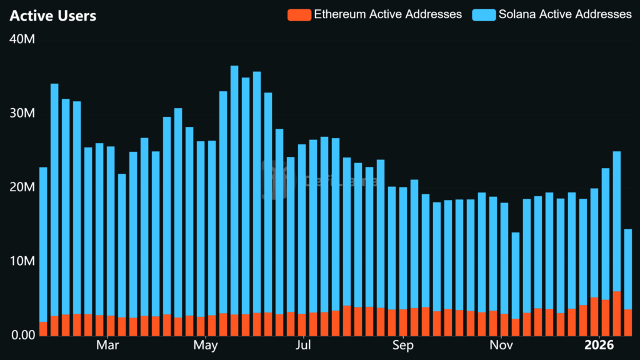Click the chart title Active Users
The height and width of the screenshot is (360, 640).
click(x=53, y=16)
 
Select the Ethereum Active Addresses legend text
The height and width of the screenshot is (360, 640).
click(x=387, y=14)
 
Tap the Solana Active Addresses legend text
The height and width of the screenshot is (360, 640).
click(x=565, y=14)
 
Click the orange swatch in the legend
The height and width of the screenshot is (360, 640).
click(x=299, y=14)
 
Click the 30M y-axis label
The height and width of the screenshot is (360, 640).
click(x=22, y=114)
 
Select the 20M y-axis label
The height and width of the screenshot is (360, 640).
click(x=22, y=187)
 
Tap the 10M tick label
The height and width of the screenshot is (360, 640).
click(x=22, y=261)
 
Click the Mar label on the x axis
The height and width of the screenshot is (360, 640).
click(x=108, y=345)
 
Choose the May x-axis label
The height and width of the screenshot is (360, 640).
click(x=206, y=345)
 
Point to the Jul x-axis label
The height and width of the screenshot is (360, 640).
click(x=304, y=345)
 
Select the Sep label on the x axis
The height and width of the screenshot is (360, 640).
click(x=402, y=345)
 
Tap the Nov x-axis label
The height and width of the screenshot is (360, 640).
click(x=501, y=345)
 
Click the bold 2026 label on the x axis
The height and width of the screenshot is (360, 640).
click(x=599, y=345)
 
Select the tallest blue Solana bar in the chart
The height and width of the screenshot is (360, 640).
click(x=234, y=187)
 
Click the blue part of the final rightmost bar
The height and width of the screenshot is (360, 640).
click(x=627, y=269)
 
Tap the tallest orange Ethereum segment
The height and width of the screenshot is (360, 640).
click(x=617, y=313)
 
